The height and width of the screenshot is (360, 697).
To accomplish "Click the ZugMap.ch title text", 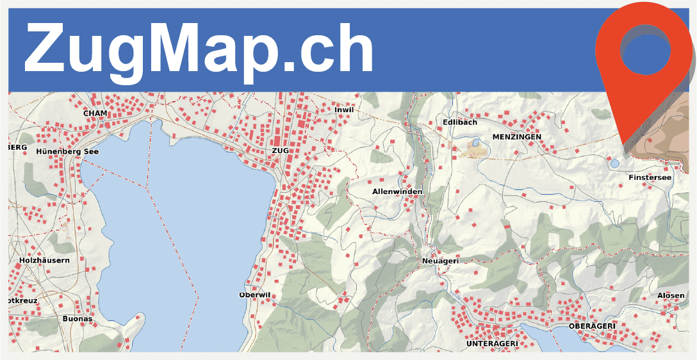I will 199,50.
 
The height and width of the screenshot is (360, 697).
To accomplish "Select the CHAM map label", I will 95,113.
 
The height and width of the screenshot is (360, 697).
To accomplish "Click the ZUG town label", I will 281,151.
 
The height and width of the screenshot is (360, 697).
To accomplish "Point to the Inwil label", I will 344,110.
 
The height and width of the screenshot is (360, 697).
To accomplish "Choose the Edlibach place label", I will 460,122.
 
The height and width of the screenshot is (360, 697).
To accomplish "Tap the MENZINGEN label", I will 516,137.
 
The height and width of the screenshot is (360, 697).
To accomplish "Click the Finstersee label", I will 650,177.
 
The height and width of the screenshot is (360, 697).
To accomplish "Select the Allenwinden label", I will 397,192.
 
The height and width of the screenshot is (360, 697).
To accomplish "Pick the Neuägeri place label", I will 441,261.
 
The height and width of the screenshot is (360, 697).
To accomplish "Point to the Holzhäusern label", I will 44,261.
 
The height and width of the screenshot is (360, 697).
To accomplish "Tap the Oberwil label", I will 254,295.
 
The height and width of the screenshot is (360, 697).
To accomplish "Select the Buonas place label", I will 78,319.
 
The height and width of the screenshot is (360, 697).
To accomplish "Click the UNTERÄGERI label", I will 492,344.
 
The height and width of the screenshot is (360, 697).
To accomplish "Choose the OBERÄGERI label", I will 592,326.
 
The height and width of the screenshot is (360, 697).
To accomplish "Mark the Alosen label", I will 671,296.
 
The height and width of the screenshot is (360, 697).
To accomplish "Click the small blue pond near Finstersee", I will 614,163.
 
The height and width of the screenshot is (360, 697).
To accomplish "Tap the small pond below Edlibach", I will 475,143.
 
